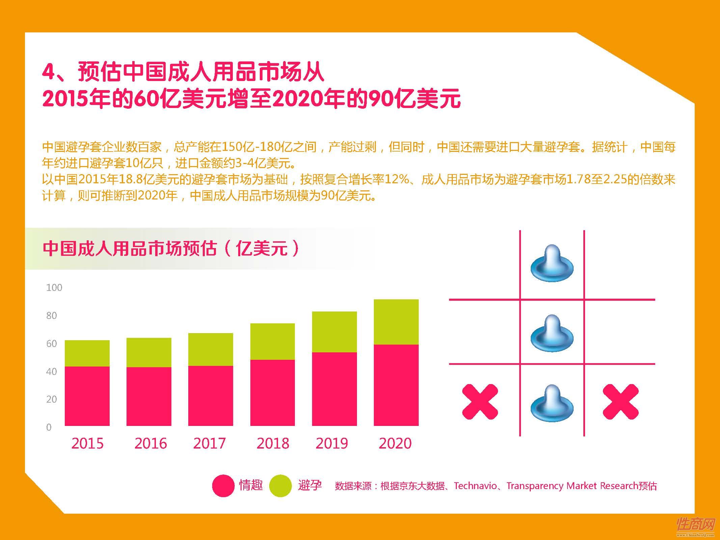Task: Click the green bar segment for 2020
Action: click(x=396, y=321)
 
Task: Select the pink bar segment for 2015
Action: click(x=87, y=396)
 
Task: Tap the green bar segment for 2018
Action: click(x=272, y=341)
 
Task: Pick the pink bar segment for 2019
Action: click(x=334, y=388)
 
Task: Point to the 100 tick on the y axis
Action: click(x=54, y=288)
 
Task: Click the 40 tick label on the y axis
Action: click(x=51, y=371)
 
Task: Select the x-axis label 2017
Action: click(x=209, y=443)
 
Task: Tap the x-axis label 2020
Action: click(x=395, y=443)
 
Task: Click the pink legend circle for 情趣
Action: click(x=223, y=486)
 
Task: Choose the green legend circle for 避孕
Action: click(x=280, y=486)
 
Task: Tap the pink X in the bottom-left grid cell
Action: click(x=480, y=402)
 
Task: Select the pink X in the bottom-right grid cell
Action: click(x=620, y=402)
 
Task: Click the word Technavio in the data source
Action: click(x=475, y=486)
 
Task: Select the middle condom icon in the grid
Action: click(x=552, y=333)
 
